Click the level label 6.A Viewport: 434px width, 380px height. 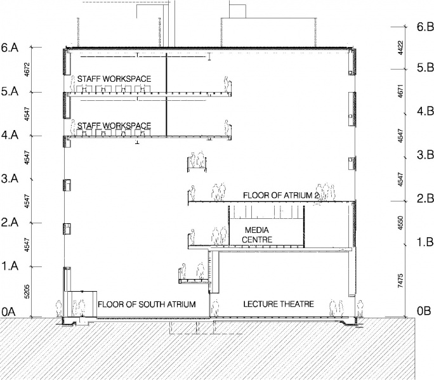pyautogui.click(x=10, y=48)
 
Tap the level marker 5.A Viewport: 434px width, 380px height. pyautogui.click(x=10, y=91)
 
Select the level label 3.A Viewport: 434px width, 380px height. pyautogui.click(x=10, y=178)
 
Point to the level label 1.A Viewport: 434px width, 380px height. pyautogui.click(x=10, y=266)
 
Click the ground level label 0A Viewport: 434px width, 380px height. pyautogui.click(x=9, y=311)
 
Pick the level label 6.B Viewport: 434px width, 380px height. pyautogui.click(x=425, y=27)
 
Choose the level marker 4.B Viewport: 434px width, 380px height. pyautogui.click(x=425, y=111)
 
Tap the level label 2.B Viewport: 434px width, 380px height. pyautogui.click(x=425, y=199)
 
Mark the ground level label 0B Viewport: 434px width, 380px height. pyautogui.click(x=424, y=311)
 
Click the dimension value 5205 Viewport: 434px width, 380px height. pyautogui.click(x=27, y=292)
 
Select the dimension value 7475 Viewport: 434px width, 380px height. pyautogui.click(x=400, y=280)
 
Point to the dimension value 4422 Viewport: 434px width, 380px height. pyautogui.click(x=400, y=48)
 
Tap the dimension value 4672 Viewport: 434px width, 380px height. pyautogui.click(x=27, y=69)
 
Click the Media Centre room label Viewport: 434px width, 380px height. pyautogui.click(x=257, y=235)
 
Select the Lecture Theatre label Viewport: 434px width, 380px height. pyautogui.click(x=279, y=304)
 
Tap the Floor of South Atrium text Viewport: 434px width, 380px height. pyautogui.click(x=147, y=305)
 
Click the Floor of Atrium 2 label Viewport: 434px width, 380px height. pyautogui.click(x=281, y=195)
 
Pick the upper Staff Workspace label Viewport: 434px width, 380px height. pyautogui.click(x=114, y=79)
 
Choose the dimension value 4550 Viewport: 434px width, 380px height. pyautogui.click(x=400, y=223)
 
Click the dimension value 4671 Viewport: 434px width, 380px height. pyautogui.click(x=400, y=91)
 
